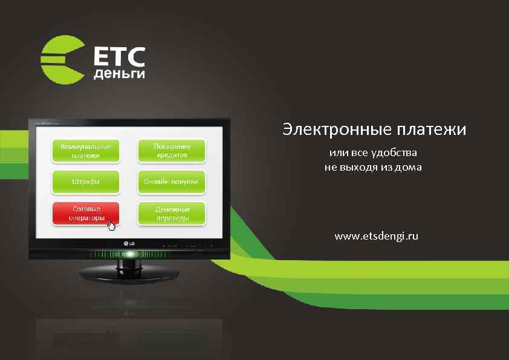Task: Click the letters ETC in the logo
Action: click(119, 57)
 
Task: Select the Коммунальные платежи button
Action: click(85, 151)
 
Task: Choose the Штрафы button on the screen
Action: click(85, 182)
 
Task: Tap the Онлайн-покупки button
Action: click(172, 182)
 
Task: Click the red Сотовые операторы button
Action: click(85, 213)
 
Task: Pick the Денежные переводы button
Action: click(172, 213)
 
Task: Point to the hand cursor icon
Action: click(111, 226)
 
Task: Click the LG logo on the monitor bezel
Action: click(129, 244)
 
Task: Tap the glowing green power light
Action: click(129, 254)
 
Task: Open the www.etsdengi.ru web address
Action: click(376, 235)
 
